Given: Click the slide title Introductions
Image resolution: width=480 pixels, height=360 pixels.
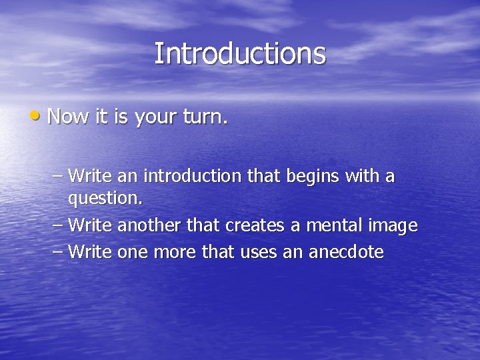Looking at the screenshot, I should (x=240, y=54).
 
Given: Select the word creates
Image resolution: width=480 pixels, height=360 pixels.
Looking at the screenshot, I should (x=255, y=226).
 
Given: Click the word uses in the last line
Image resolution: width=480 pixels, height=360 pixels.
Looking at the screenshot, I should (x=251, y=253).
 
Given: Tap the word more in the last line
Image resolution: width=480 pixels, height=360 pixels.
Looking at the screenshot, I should (x=173, y=253).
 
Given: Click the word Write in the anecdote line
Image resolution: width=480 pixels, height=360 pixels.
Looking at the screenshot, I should (x=90, y=252).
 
